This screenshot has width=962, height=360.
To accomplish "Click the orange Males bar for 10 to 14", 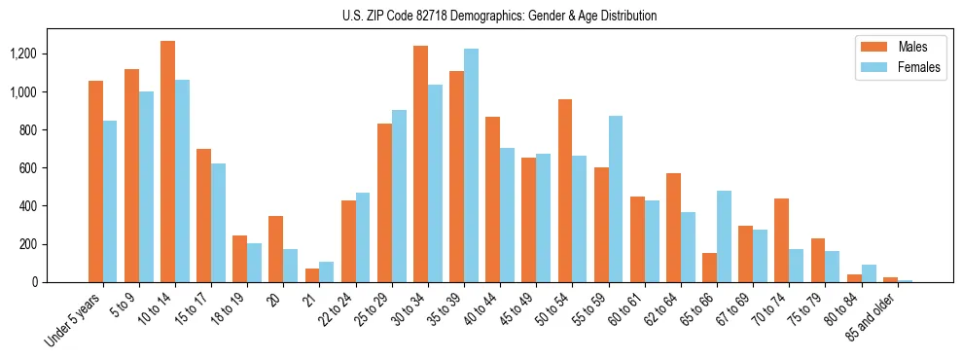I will [x=168, y=162].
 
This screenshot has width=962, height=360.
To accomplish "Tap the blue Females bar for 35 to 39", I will [x=472, y=165].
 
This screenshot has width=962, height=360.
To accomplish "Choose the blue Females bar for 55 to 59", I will [x=616, y=198].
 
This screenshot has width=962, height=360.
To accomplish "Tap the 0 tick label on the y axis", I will [x=59, y=282].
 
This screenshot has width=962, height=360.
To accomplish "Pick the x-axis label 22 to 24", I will [x=335, y=310].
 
